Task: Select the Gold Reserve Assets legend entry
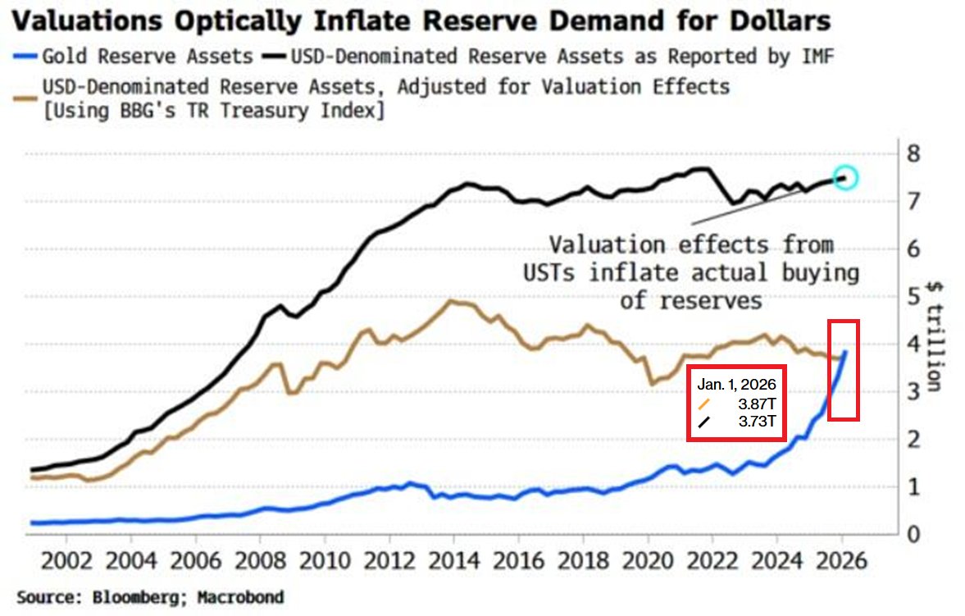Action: coord(148,57)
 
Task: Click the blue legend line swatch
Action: coord(24,57)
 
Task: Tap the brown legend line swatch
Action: coord(24,86)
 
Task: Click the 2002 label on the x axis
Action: coord(65,564)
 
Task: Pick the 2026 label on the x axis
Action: coord(842,564)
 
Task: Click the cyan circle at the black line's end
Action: coord(846,177)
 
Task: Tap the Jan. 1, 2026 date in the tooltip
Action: coord(736,384)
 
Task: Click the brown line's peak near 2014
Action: coord(450,301)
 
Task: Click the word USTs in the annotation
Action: coord(552,273)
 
